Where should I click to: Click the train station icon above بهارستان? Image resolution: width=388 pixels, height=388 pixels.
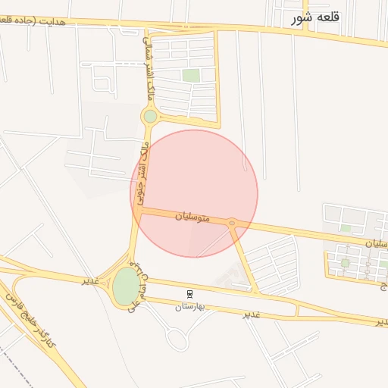[x=189, y=293]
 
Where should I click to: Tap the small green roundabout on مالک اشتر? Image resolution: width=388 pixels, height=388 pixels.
[x=150, y=116]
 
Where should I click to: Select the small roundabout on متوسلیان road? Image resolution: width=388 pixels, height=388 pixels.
[x=231, y=223]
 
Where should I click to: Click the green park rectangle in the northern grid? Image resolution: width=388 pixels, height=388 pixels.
[x=191, y=75]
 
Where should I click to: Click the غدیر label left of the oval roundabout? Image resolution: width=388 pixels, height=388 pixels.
[x=89, y=280]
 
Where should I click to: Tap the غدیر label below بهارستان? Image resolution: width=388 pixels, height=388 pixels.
[x=252, y=314]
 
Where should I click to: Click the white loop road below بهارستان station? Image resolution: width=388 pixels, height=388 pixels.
[x=177, y=339]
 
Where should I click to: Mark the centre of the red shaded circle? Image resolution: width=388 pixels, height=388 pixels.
[x=194, y=193]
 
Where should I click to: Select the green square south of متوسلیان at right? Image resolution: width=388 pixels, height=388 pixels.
[x=345, y=264]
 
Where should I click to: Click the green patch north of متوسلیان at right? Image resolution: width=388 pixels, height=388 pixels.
[x=346, y=227]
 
